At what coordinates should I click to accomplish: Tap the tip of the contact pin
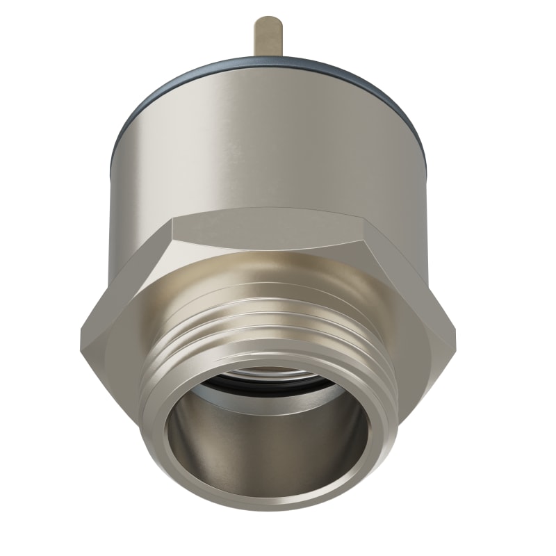click(x=269, y=21)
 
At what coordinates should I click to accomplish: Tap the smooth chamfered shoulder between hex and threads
click(x=271, y=275)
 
